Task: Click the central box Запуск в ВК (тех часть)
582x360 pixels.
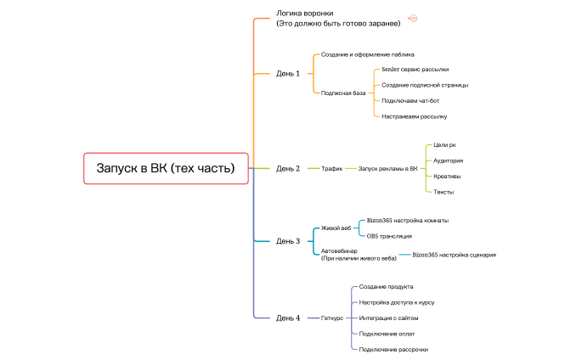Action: pos(166,168)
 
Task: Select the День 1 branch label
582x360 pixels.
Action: pos(288,73)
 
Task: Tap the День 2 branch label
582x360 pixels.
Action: pos(288,168)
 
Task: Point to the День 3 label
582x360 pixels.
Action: pos(288,241)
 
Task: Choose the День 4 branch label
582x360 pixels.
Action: pos(288,318)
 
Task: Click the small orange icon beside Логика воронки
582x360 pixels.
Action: pos(413,18)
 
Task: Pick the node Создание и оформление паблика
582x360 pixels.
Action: pos(367,54)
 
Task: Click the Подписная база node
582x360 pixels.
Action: pos(343,93)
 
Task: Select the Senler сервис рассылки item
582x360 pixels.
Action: pos(415,70)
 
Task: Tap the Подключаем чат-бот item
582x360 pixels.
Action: pos(410,100)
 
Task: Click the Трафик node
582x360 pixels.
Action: pos(331,168)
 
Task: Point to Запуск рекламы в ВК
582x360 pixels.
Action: pos(387,168)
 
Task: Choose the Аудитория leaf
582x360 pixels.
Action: pos(448,160)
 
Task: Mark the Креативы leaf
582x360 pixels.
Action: pos(447,176)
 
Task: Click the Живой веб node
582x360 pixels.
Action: pos(336,228)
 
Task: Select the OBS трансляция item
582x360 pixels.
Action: pos(389,236)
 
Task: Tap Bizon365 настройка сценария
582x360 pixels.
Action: pos(454,255)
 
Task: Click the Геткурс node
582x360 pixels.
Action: pos(332,318)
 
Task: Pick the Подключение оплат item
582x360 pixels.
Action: pos(387,334)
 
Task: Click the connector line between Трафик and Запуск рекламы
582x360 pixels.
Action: pos(350,168)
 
